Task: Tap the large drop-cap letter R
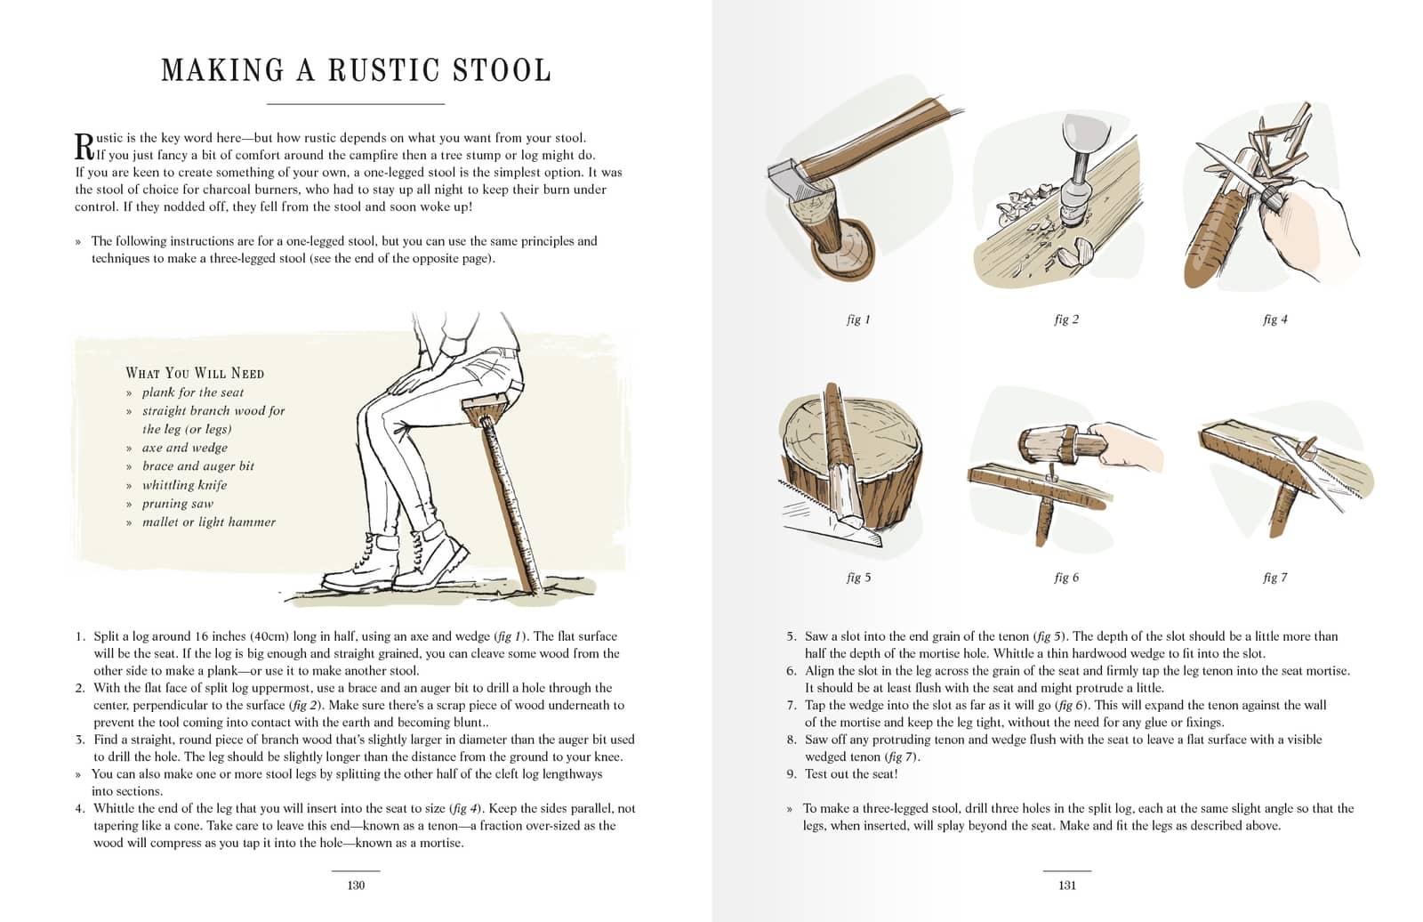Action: (x=84, y=147)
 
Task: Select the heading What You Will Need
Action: (x=195, y=373)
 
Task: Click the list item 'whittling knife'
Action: (x=184, y=485)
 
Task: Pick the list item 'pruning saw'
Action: (x=178, y=504)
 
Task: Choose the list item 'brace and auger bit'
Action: (x=197, y=466)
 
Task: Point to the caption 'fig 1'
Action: (x=858, y=319)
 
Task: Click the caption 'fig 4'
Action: (x=1274, y=319)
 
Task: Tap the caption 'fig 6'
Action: (x=1066, y=578)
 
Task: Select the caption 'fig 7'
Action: (x=1274, y=578)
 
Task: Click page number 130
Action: (x=356, y=885)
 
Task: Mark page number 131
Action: (x=1067, y=885)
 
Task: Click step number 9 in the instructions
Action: (x=792, y=774)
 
